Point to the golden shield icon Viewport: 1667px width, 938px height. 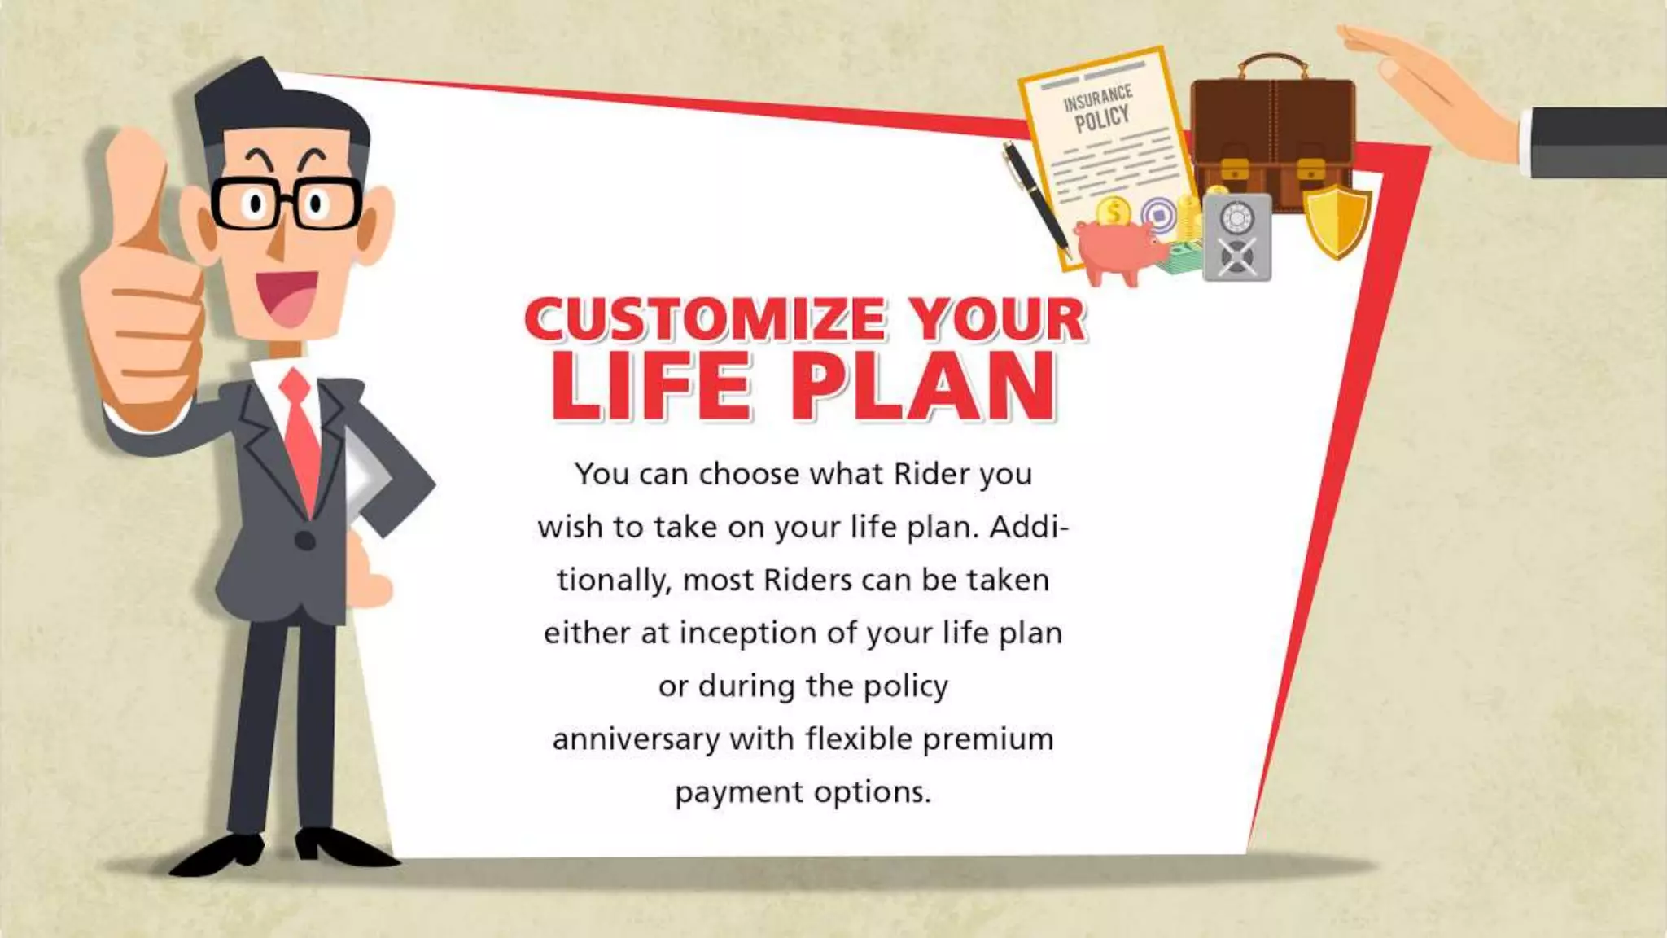[1337, 218]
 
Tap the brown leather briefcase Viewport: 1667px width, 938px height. [1272, 134]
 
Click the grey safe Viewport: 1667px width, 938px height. [1236, 238]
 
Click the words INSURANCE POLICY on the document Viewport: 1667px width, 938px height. [1100, 108]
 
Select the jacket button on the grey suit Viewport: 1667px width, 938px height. [304, 540]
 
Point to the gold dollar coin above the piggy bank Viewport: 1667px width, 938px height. [1113, 213]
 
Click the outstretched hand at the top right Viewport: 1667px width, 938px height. [1433, 90]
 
